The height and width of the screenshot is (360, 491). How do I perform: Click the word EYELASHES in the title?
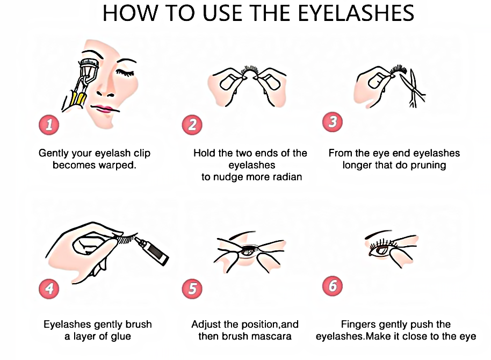(x=356, y=13)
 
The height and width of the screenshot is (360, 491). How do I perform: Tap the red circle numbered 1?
(x=49, y=125)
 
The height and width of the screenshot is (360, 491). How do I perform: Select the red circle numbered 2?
(x=192, y=125)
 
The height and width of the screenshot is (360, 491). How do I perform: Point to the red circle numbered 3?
(x=333, y=122)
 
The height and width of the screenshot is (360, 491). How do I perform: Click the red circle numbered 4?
(x=49, y=289)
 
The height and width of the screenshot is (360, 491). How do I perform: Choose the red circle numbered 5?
(x=192, y=289)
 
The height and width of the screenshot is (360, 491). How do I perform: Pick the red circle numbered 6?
(x=333, y=286)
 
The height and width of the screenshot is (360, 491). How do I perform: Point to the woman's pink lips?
(x=104, y=109)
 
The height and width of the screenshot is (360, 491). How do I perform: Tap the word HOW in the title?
(x=130, y=13)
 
